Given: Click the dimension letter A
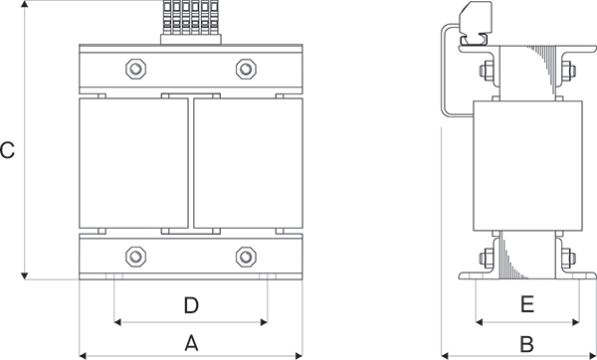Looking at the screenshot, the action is (191, 343).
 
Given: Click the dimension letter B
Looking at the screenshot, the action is (527, 344).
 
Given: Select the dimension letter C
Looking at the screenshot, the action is (7, 150).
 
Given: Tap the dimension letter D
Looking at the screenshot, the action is (191, 305).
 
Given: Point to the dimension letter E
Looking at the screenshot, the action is (527, 304).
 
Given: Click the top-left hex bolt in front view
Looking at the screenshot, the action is (136, 69).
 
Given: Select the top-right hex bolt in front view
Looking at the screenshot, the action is (246, 69).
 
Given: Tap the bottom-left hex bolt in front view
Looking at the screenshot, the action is (136, 257).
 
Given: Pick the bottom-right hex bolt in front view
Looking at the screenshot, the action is (246, 257).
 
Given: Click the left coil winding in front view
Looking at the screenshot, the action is (133, 163).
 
